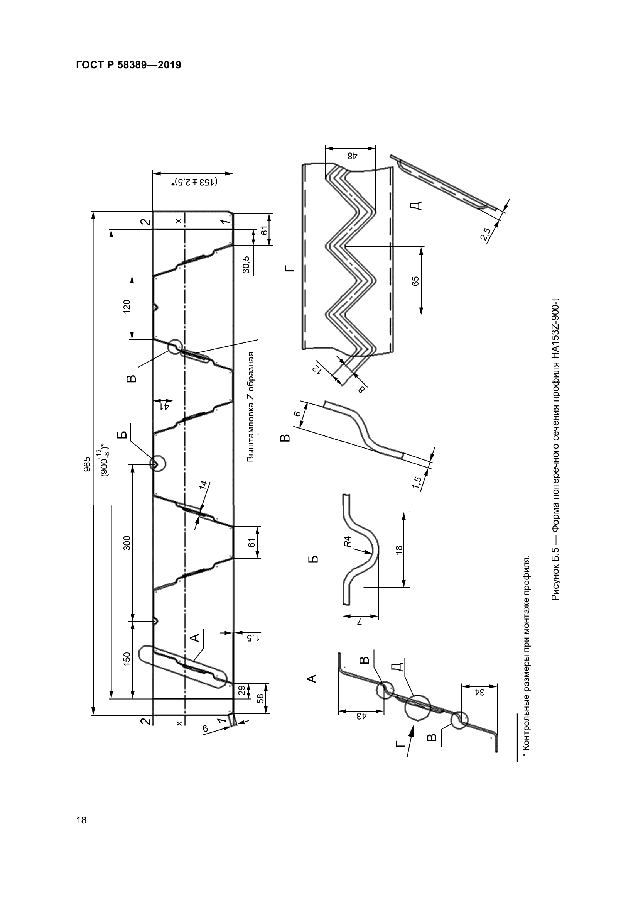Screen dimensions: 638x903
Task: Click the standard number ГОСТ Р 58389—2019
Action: pyautogui.click(x=128, y=65)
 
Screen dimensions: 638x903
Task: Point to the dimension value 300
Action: pyautogui.click(x=127, y=543)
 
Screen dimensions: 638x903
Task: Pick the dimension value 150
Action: pyautogui.click(x=127, y=659)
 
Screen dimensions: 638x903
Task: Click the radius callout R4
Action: pyautogui.click(x=347, y=542)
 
